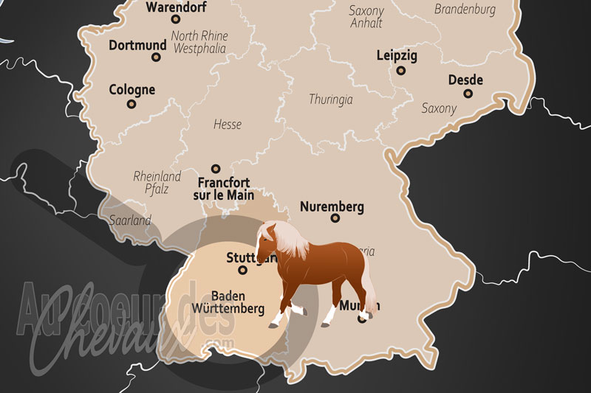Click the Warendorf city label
tap(177, 8)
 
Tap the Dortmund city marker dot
tap(157, 57)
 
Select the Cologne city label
tap(132, 90)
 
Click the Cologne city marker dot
tap(132, 104)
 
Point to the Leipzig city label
tap(397, 55)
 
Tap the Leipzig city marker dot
tap(400, 71)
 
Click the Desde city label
tap(465, 80)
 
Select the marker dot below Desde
tap(467, 94)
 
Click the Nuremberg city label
tap(332, 206)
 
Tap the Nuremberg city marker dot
tap(335, 218)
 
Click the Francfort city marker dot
tap(216, 169)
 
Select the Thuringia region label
tap(330, 99)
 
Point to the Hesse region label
tap(227, 125)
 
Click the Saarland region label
tap(131, 220)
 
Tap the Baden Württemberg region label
tap(227, 302)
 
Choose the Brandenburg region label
tap(465, 10)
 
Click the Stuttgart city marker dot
tap(242, 270)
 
